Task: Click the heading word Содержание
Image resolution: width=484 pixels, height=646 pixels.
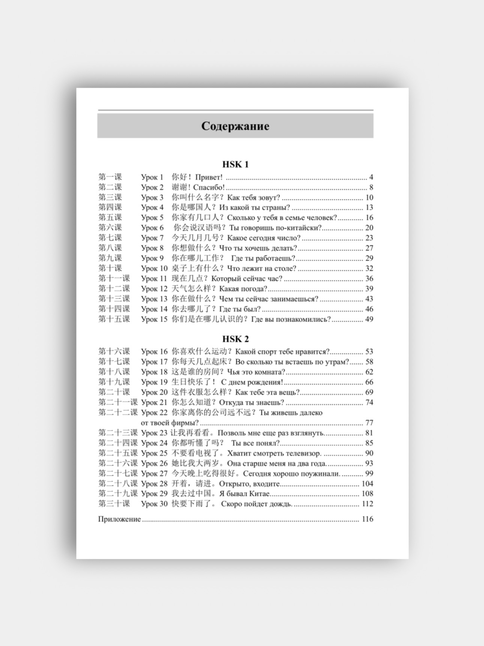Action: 235,126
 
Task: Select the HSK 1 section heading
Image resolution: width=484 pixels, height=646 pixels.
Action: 235,164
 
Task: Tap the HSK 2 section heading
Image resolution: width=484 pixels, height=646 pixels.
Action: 235,339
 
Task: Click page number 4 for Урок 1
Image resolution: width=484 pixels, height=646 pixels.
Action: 371,177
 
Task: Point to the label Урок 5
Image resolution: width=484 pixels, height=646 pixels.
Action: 152,218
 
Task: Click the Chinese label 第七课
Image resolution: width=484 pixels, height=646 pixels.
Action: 110,237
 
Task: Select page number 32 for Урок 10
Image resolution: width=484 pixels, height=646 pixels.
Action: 369,268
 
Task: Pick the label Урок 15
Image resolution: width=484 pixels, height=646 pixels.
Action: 154,319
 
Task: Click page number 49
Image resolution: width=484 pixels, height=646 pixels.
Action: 369,319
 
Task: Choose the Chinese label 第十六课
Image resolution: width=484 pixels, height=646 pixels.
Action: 114,352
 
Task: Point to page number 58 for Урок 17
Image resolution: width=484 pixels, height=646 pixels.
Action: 369,362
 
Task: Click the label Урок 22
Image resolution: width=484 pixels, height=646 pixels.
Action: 154,413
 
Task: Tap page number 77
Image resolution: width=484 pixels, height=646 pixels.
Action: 369,423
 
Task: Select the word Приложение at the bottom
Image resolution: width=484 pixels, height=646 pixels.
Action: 119,519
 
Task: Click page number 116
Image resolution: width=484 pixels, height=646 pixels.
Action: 367,519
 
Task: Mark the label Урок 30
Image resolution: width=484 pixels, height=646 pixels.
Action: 154,504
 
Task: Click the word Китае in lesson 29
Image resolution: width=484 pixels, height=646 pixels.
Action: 258,494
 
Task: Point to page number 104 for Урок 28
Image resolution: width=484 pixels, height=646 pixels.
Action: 367,484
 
